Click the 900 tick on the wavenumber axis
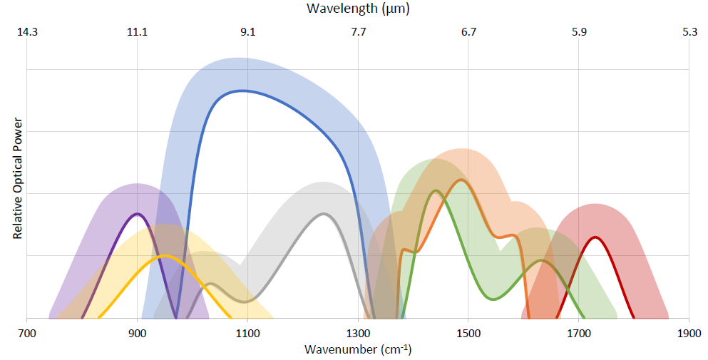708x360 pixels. click(x=137, y=333)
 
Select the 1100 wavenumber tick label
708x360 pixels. click(x=247, y=333)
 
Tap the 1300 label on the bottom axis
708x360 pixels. click(x=358, y=333)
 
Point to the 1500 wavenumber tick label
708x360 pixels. click(x=468, y=333)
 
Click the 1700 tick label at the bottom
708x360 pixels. click(x=578, y=333)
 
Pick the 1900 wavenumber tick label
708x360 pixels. click(x=689, y=333)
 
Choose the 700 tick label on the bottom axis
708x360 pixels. click(x=27, y=333)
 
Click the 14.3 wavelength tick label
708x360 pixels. click(x=27, y=32)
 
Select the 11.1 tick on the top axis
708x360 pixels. click(x=137, y=32)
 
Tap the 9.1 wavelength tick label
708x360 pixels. click(x=247, y=32)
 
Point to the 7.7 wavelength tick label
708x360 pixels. click(x=358, y=32)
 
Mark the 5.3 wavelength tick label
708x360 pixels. click(x=689, y=32)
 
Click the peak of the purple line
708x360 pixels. click(x=137, y=213)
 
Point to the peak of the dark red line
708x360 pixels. click(x=595, y=237)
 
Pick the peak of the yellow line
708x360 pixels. click(x=165, y=255)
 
